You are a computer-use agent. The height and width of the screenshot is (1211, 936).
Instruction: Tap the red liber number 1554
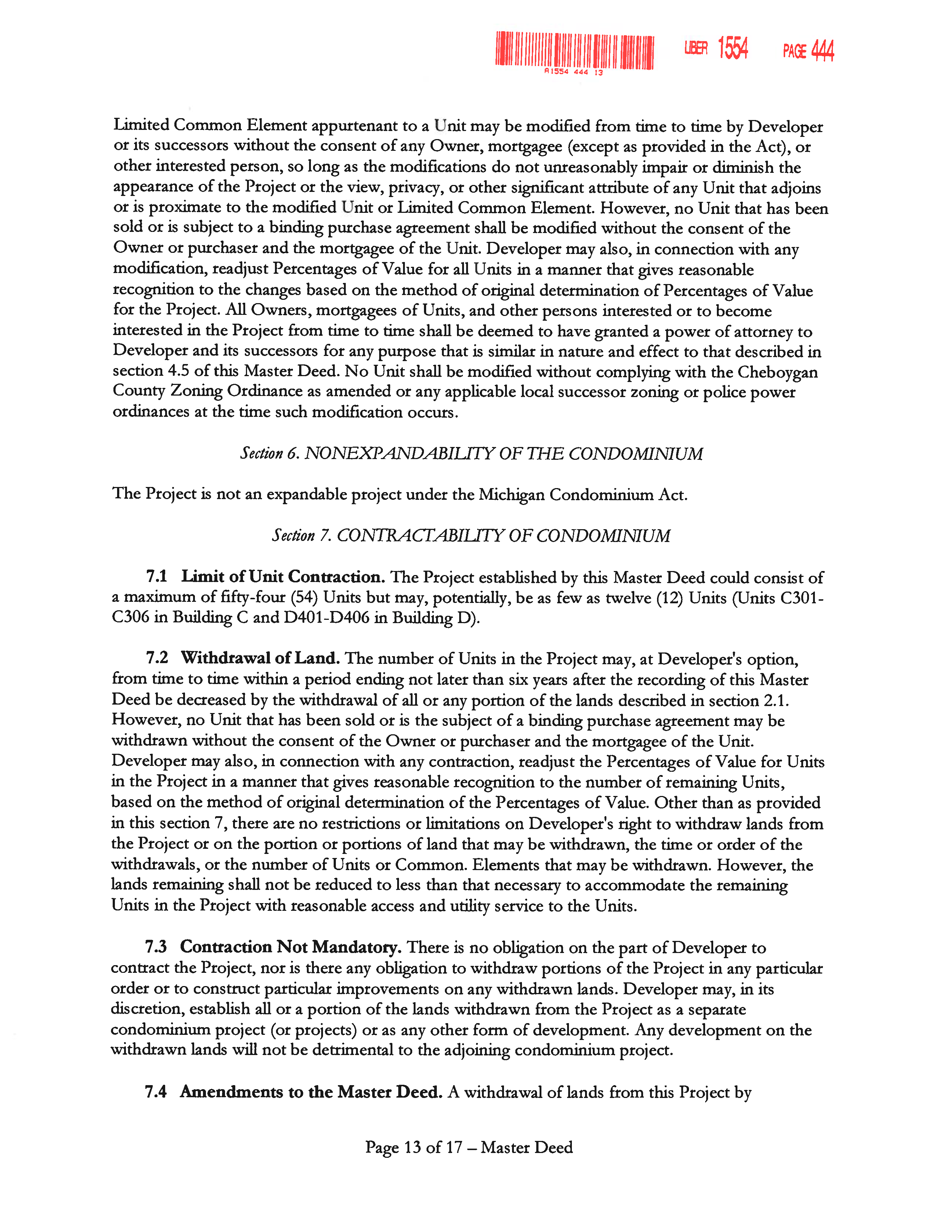pos(733,48)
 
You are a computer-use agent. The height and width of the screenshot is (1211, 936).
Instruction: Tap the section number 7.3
pos(156,947)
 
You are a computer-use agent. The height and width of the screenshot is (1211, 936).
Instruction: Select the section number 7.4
pos(156,1092)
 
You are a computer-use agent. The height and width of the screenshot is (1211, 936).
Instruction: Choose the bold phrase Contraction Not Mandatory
pos(291,947)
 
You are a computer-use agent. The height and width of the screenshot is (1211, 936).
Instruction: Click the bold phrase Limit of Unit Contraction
pos(283,577)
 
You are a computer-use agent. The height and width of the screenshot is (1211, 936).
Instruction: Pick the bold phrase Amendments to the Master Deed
pos(311,1092)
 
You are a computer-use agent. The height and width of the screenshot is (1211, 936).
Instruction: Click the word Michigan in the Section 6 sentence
pos(511,495)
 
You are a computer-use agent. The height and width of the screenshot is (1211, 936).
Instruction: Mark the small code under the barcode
pos(573,72)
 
